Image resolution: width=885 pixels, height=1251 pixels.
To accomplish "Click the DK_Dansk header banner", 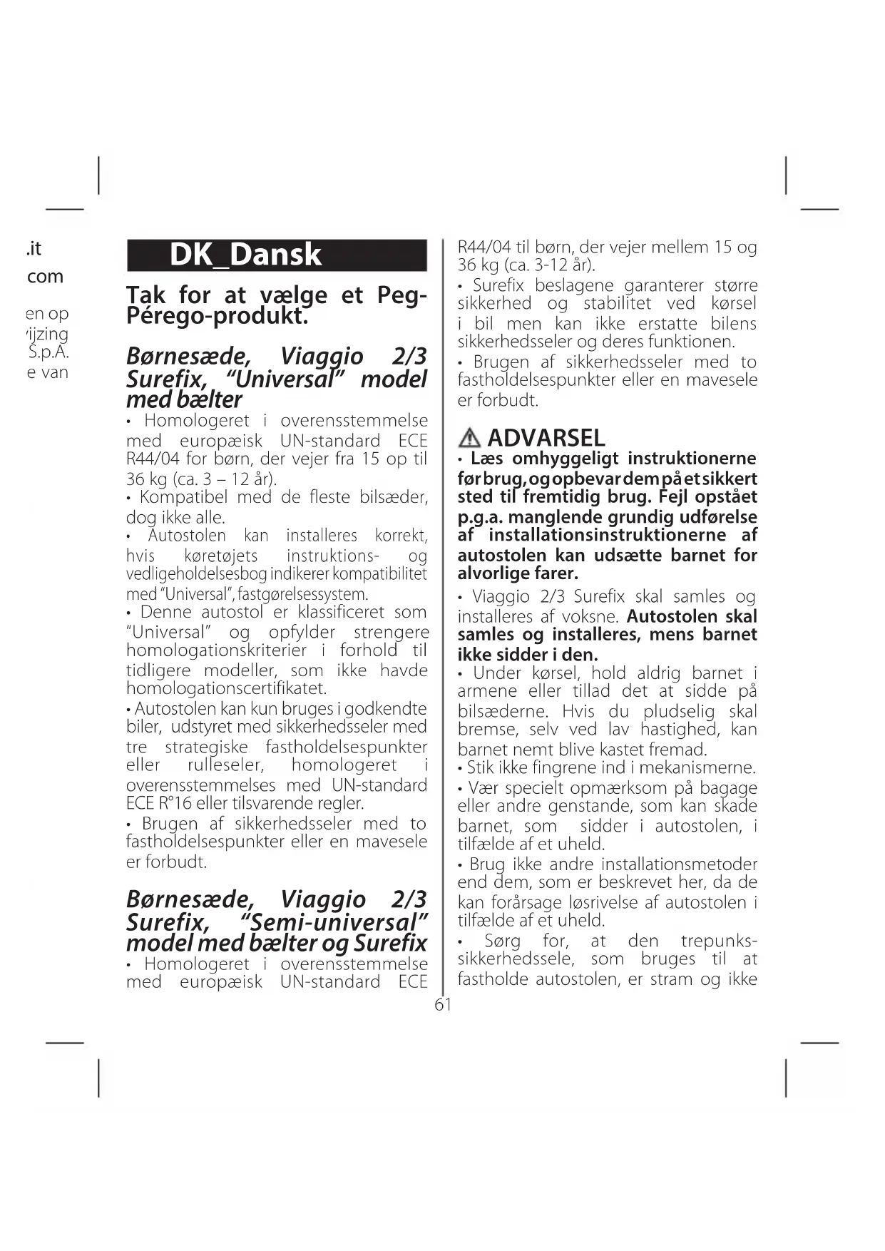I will point(277,255).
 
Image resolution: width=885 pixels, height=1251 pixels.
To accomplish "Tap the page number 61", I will point(443,1005).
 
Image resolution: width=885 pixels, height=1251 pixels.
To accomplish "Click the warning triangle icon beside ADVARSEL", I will point(470,437).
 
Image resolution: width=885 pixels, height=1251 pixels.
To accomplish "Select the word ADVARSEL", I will point(546,437).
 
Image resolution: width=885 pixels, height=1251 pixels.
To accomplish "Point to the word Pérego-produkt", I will point(218,315).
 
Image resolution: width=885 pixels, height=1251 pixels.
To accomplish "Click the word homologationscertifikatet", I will point(226,688).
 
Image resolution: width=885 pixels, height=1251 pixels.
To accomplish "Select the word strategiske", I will point(206,747).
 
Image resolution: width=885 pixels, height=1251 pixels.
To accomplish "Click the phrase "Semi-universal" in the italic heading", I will point(334,922).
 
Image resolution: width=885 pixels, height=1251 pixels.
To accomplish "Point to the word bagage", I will point(728,788).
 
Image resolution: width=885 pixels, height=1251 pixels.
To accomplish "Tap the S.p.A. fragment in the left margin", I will point(48,352).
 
